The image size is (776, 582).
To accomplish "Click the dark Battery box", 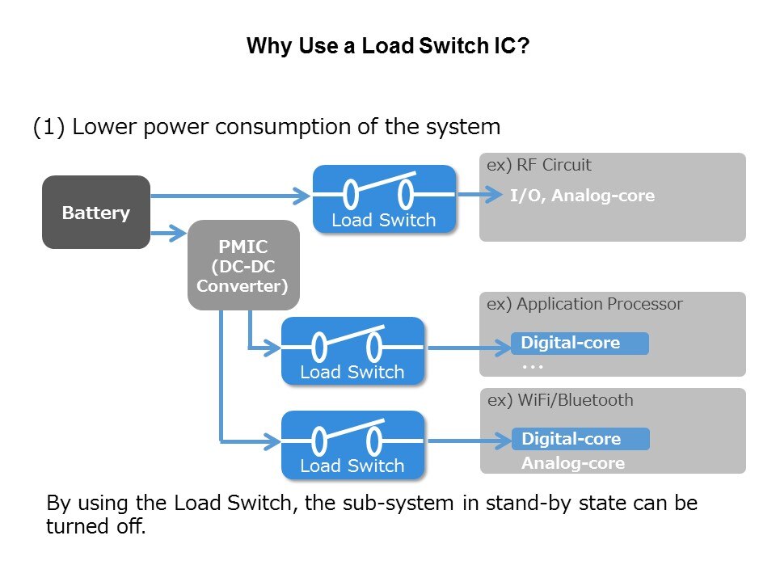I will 96,212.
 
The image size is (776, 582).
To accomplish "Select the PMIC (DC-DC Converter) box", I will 243,264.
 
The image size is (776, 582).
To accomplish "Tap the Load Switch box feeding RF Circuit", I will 384,200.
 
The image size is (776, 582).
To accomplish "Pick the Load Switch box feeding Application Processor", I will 352,351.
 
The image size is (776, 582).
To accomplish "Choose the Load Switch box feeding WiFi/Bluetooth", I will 352,445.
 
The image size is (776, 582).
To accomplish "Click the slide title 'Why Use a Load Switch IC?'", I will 387,47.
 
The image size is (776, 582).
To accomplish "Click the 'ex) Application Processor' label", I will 584,305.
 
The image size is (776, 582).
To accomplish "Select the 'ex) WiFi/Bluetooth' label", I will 560,400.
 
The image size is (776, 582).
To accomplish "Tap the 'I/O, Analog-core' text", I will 582,196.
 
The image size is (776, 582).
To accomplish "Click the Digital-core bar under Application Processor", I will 579,344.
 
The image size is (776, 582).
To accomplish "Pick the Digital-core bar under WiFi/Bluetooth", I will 580,439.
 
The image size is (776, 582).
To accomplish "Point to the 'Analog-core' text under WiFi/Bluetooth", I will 572,464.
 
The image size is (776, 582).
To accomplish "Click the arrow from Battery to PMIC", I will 169,235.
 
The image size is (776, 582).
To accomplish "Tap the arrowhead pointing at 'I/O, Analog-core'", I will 493,195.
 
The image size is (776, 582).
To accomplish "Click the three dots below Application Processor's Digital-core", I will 533,366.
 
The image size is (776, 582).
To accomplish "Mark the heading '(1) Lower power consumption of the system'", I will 267,127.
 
